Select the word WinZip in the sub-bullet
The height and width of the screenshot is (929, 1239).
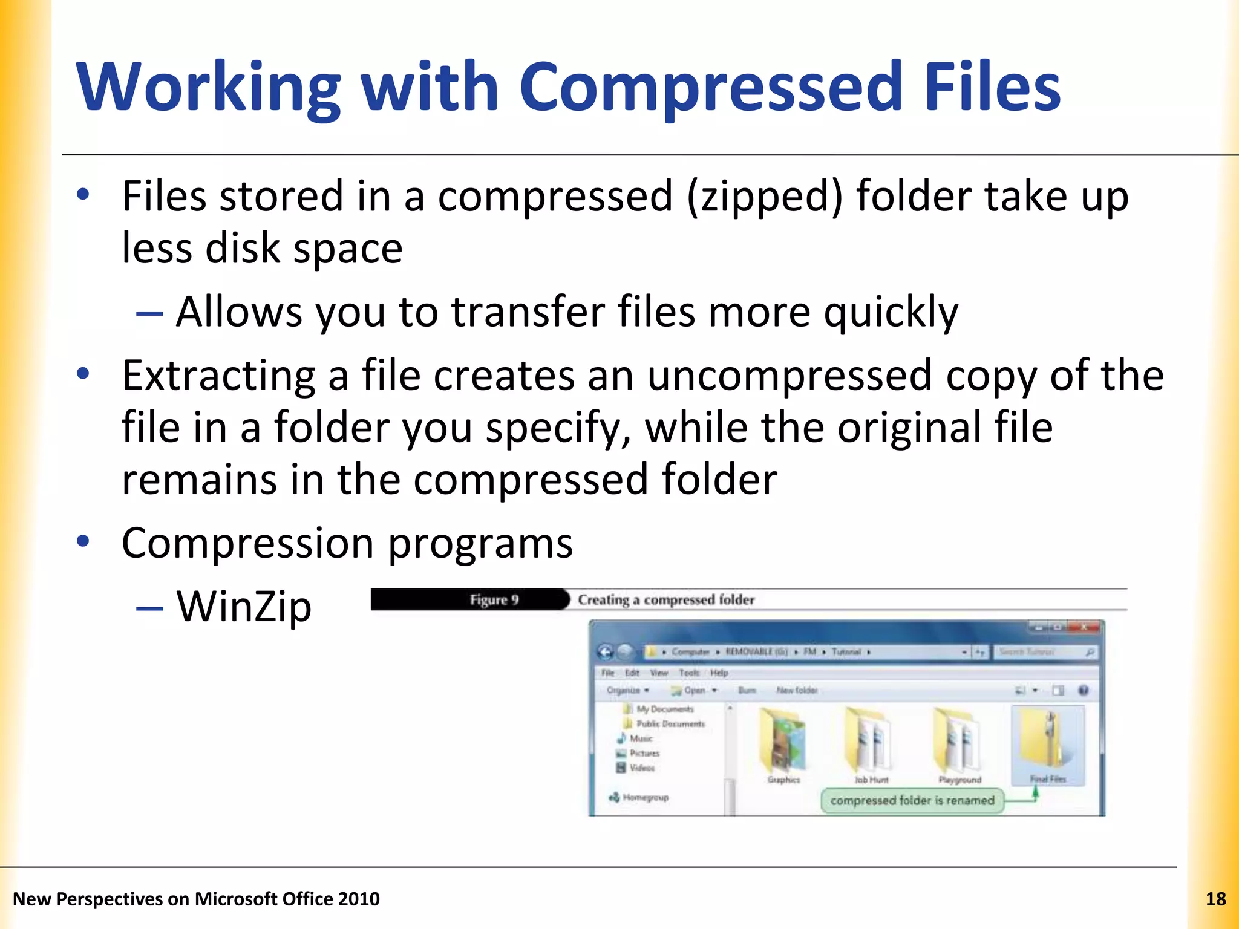[244, 606]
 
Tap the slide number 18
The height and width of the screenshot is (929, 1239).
[1215, 899]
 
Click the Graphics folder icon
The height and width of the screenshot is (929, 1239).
[783, 742]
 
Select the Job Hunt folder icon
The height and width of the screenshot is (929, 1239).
[869, 742]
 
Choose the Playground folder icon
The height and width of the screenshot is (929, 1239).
[958, 742]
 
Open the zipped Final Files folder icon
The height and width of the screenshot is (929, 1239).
[1047, 742]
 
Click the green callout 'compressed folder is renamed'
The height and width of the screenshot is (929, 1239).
[912, 800]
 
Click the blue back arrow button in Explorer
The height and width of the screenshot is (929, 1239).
[605, 652]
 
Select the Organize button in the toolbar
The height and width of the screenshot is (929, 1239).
[627, 690]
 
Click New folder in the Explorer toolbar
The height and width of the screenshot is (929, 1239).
[796, 690]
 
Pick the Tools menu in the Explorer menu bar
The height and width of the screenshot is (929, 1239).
[688, 673]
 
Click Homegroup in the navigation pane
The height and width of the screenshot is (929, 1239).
[645, 797]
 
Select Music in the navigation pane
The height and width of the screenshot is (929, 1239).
[641, 738]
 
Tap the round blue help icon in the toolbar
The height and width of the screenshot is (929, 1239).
[1083, 690]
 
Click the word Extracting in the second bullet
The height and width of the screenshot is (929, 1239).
[218, 376]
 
